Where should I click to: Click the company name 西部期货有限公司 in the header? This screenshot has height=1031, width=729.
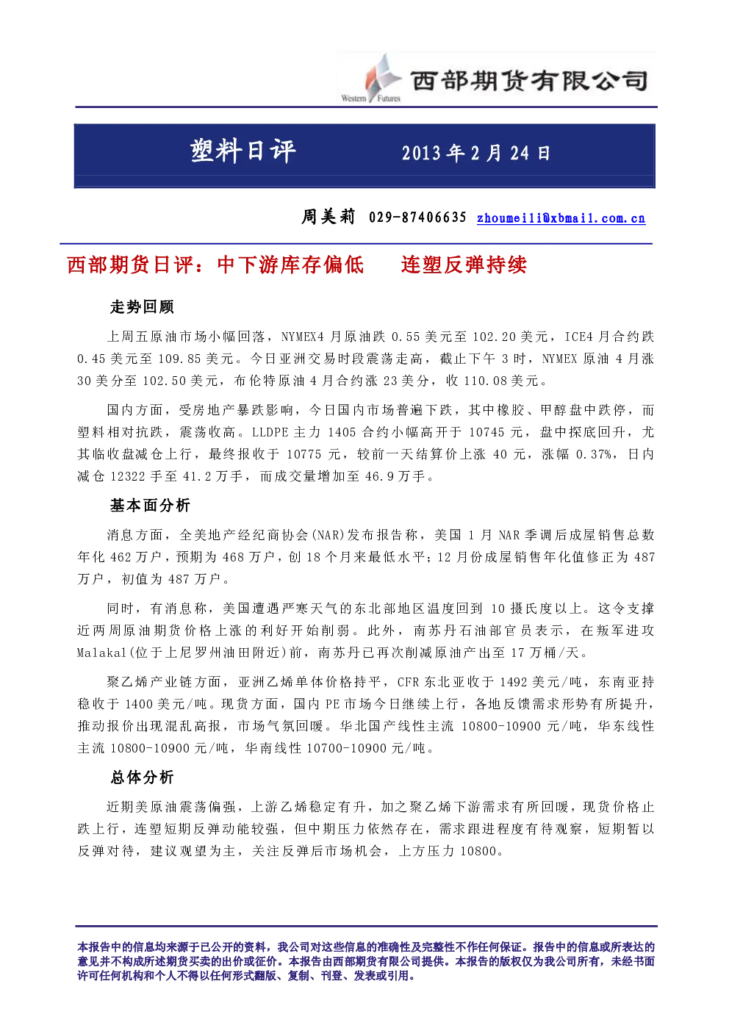(529, 81)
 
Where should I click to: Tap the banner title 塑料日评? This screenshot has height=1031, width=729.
(243, 151)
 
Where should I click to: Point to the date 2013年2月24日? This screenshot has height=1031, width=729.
(476, 153)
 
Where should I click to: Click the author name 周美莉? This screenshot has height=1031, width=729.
(328, 217)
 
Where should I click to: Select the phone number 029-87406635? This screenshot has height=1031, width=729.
(417, 218)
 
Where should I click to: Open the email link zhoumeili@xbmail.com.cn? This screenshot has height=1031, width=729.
(561, 218)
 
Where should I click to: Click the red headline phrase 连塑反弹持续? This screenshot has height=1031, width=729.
(464, 265)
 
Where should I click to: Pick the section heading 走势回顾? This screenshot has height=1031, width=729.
(142, 307)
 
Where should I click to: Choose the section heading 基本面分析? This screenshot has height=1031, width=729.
(150, 506)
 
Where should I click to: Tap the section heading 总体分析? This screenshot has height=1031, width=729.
(142, 777)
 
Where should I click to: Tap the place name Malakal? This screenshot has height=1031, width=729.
(101, 653)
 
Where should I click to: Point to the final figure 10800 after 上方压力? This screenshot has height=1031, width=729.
(478, 852)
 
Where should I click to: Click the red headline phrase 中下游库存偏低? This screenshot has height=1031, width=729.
(290, 265)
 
